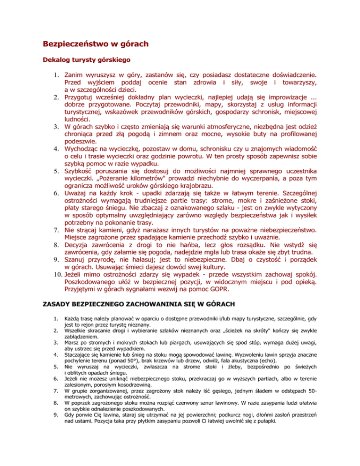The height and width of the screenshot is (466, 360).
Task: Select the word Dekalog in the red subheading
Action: pos(58,60)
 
